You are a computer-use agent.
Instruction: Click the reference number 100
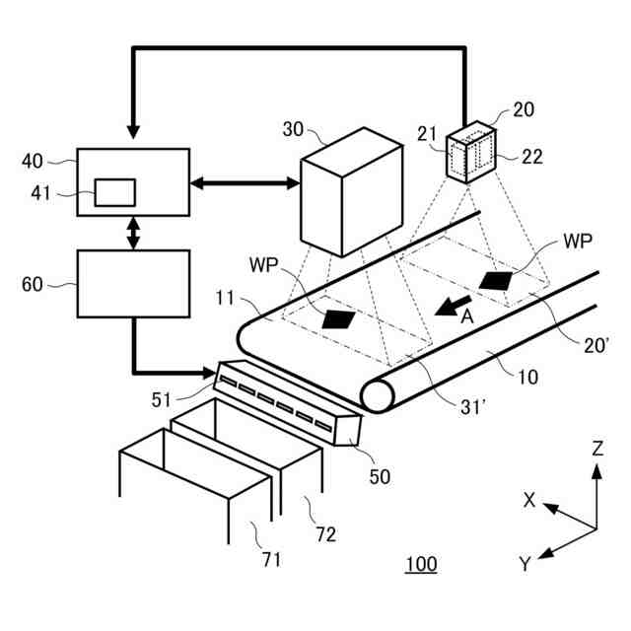(421, 565)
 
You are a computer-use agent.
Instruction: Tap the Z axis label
(597, 448)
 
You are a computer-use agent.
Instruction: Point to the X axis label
(529, 501)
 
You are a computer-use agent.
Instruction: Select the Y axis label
(526, 564)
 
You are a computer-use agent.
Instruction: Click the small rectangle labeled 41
(114, 192)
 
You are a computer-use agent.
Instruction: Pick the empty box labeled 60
(133, 283)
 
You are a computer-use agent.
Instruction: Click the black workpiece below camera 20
(497, 281)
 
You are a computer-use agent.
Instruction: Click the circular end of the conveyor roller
(378, 395)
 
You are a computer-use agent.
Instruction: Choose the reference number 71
(271, 560)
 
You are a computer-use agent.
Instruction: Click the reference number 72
(324, 534)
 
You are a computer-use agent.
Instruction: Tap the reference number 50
(380, 476)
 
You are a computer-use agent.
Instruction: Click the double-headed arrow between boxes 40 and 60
(133, 234)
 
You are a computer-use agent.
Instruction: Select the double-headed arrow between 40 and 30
(245, 182)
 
